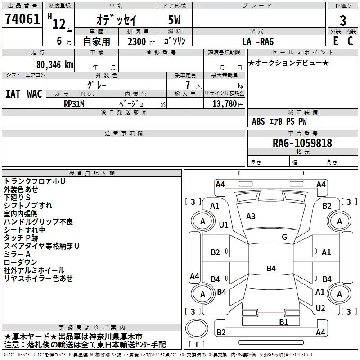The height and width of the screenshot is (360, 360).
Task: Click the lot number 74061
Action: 22,18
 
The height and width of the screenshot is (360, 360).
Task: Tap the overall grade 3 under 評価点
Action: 343,20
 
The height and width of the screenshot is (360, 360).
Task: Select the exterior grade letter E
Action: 335,41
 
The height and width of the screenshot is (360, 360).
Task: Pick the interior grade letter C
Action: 350,41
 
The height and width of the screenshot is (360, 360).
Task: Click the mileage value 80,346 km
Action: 54,65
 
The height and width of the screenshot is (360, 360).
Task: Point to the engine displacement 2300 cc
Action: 141,41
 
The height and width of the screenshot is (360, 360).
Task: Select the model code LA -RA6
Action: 258,41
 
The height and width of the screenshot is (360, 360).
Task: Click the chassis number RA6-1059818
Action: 302,143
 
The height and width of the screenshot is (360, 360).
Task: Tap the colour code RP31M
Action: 74,104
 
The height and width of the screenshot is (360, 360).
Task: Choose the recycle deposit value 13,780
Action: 224,103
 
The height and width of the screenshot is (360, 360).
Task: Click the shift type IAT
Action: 13,94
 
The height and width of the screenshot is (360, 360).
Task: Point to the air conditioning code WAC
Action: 35,94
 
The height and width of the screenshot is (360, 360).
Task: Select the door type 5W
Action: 174,20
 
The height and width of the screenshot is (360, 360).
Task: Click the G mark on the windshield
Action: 284,237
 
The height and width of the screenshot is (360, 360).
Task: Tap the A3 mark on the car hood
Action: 251,216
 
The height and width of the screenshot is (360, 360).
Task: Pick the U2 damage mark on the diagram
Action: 320,308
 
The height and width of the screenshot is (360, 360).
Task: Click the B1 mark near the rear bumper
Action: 283,322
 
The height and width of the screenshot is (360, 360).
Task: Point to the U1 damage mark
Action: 223,225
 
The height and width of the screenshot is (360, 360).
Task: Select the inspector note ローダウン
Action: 20,262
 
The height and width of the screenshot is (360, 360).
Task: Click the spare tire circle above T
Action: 197,328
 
